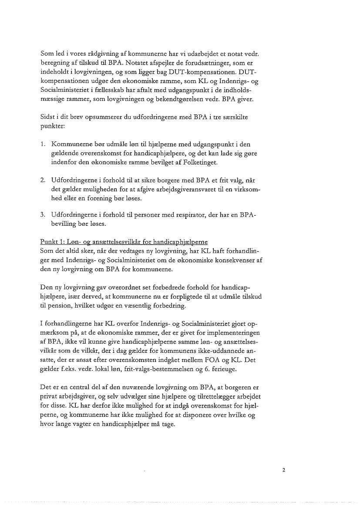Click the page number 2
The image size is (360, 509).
(283, 470)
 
